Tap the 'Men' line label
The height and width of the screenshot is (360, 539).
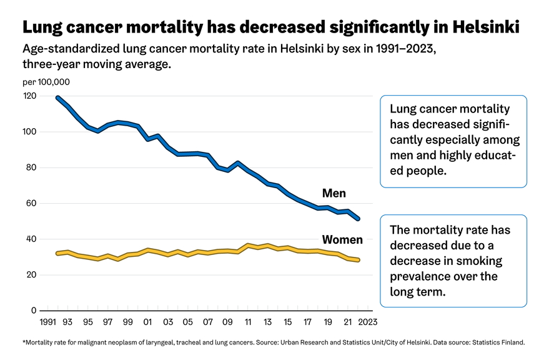[x=334, y=193]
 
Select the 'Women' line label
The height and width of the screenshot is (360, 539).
[x=342, y=239]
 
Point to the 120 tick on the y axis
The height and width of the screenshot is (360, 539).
[x=29, y=96]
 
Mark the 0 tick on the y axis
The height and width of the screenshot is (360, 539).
[x=34, y=311]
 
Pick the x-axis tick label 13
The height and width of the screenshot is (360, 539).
[x=268, y=322]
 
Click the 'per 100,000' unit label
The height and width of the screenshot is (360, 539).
[x=46, y=82]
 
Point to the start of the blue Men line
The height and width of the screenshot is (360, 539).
[x=57, y=97]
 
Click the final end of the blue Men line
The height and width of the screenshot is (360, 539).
[x=359, y=219]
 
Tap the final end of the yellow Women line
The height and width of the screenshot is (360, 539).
[x=359, y=260]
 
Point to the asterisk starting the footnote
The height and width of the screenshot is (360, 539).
[x=24, y=342]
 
